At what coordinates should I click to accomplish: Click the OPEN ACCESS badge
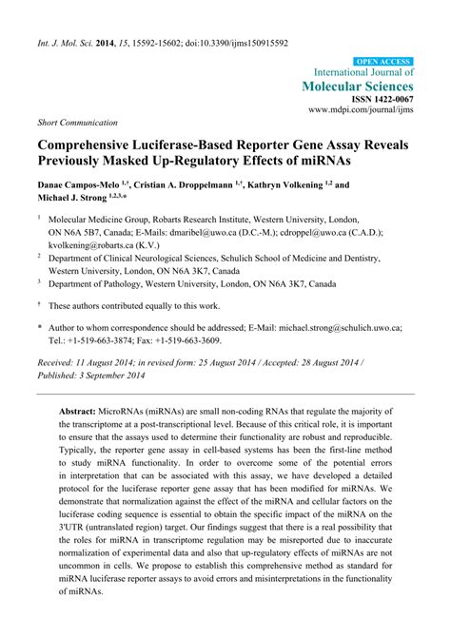(382, 61)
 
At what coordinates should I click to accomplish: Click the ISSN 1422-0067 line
(380, 99)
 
